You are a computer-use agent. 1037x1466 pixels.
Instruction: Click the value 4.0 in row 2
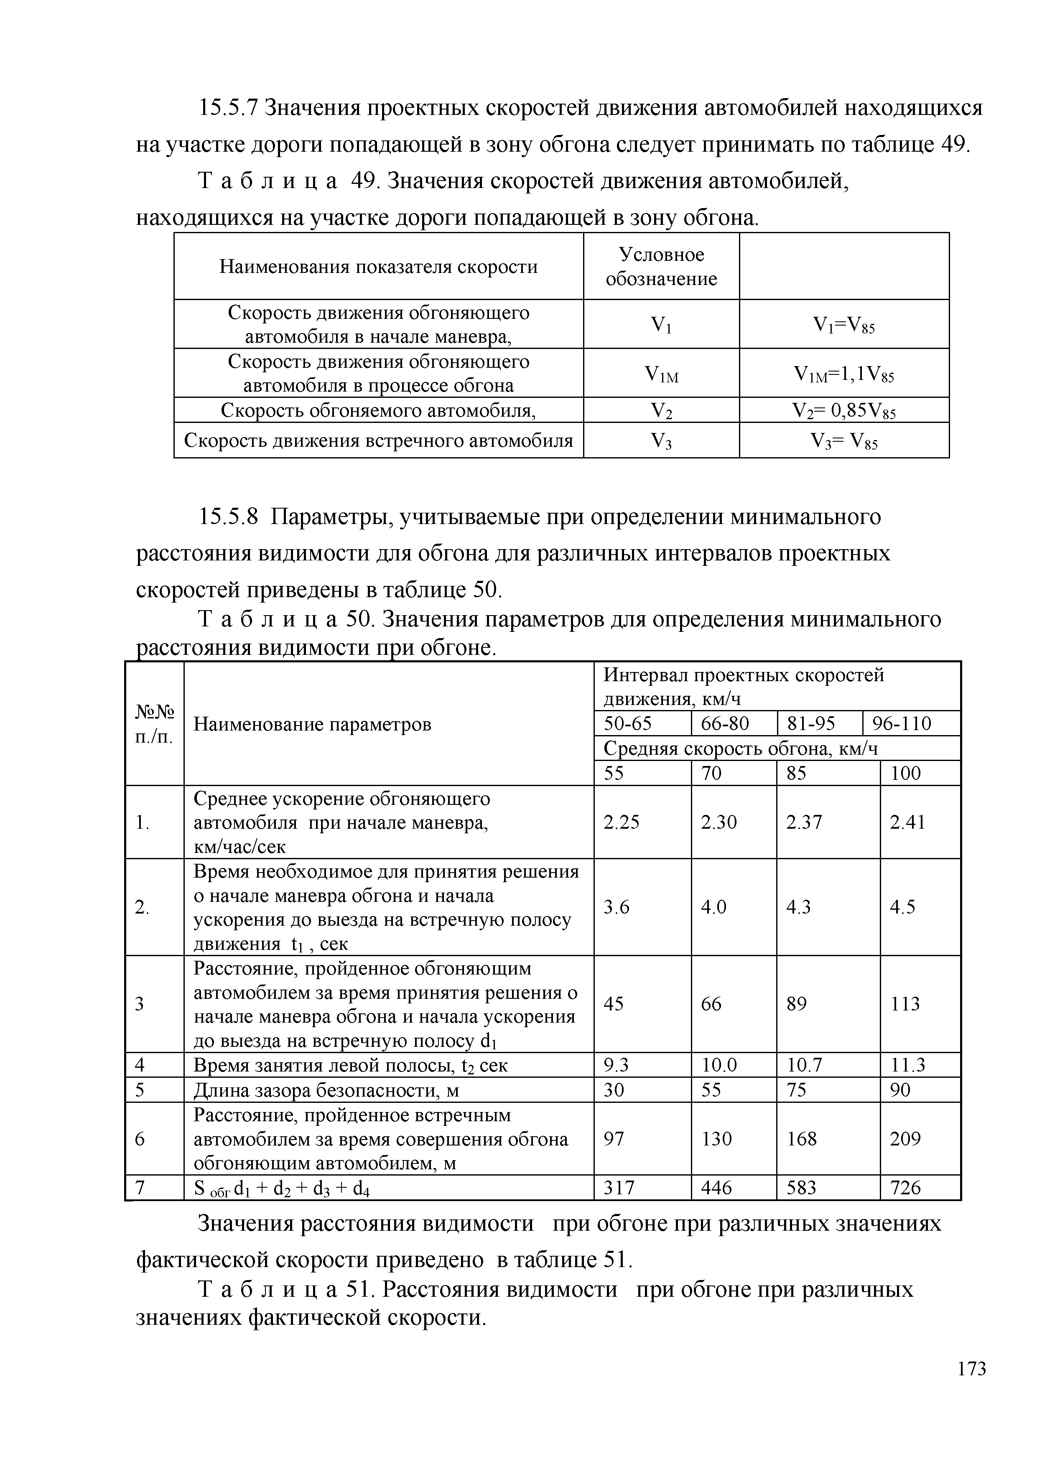(713, 907)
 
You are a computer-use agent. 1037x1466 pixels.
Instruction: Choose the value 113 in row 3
(905, 1004)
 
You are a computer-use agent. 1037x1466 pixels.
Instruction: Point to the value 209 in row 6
(905, 1139)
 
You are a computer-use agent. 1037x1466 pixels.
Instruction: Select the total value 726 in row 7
(905, 1188)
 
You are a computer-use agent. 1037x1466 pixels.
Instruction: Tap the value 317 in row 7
(619, 1188)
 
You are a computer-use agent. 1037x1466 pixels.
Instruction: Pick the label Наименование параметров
(312, 724)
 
